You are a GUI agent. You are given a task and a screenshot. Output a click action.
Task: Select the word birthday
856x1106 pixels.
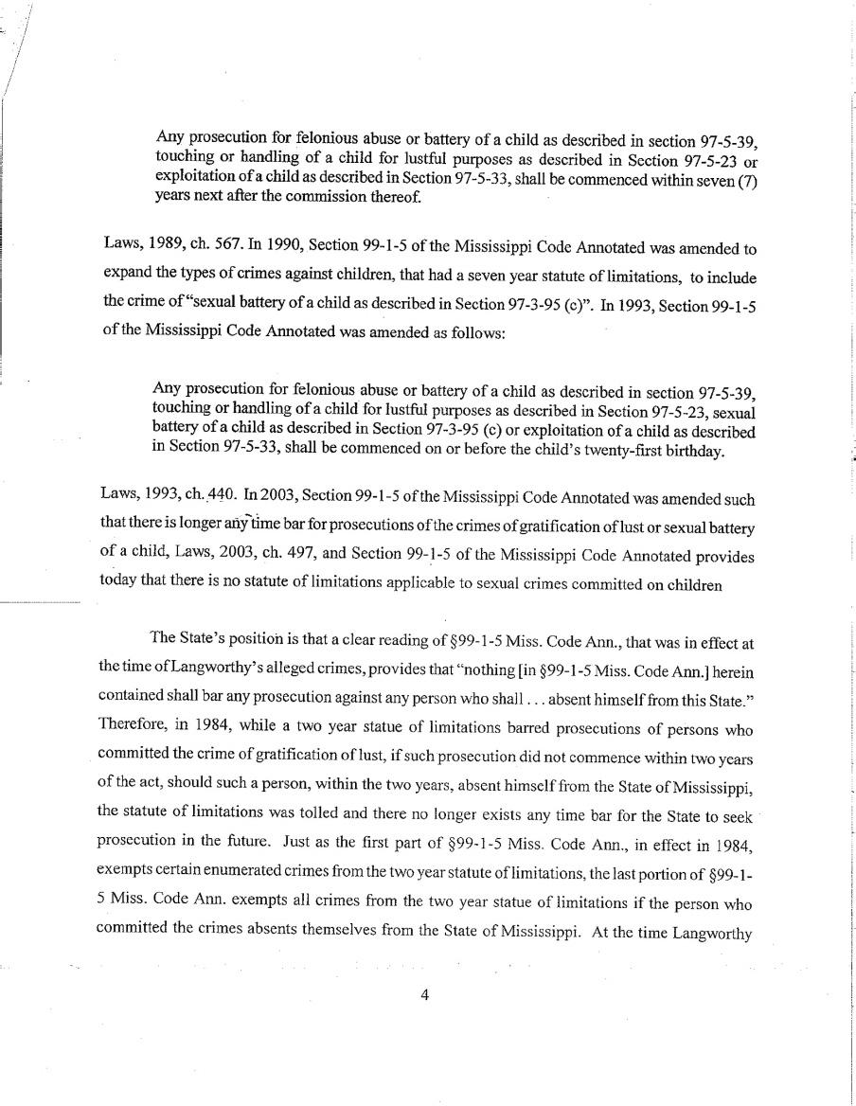click(x=688, y=449)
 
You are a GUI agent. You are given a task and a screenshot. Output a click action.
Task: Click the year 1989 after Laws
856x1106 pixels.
click(x=164, y=249)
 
